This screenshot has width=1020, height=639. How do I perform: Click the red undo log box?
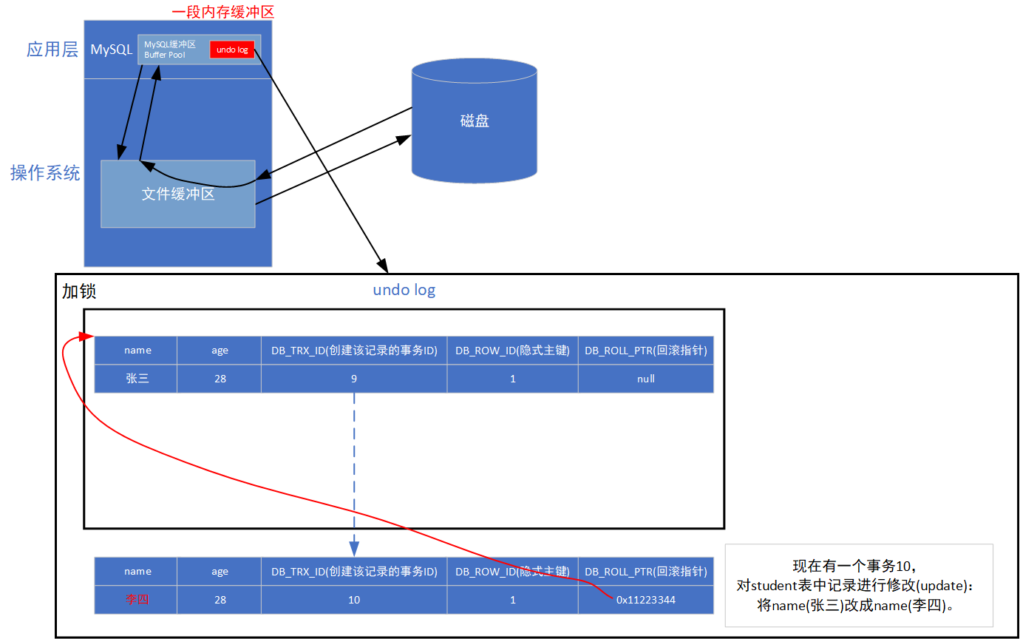(232, 50)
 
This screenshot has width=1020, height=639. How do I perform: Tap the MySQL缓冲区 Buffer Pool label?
(169, 50)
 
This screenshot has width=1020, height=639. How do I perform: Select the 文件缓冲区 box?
(177, 194)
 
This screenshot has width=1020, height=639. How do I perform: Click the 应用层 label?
(52, 50)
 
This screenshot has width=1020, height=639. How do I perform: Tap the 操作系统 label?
(45, 172)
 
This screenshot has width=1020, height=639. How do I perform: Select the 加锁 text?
(78, 291)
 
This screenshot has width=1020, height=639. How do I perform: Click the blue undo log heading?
(404, 290)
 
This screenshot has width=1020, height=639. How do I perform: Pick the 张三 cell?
(137, 379)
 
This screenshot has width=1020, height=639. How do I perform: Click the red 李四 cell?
(137, 599)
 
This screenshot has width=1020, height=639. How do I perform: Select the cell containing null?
(645, 379)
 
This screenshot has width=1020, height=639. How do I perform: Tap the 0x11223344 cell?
(645, 599)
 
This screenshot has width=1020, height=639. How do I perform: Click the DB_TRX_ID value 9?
(354, 379)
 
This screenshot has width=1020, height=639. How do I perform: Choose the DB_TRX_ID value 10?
(354, 599)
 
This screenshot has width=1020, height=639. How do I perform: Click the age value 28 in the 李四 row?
(220, 599)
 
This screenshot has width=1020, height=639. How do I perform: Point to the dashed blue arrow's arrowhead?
(354, 548)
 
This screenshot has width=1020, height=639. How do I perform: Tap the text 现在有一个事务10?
(854, 567)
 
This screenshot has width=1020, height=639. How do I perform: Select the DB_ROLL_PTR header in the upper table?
(645, 351)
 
